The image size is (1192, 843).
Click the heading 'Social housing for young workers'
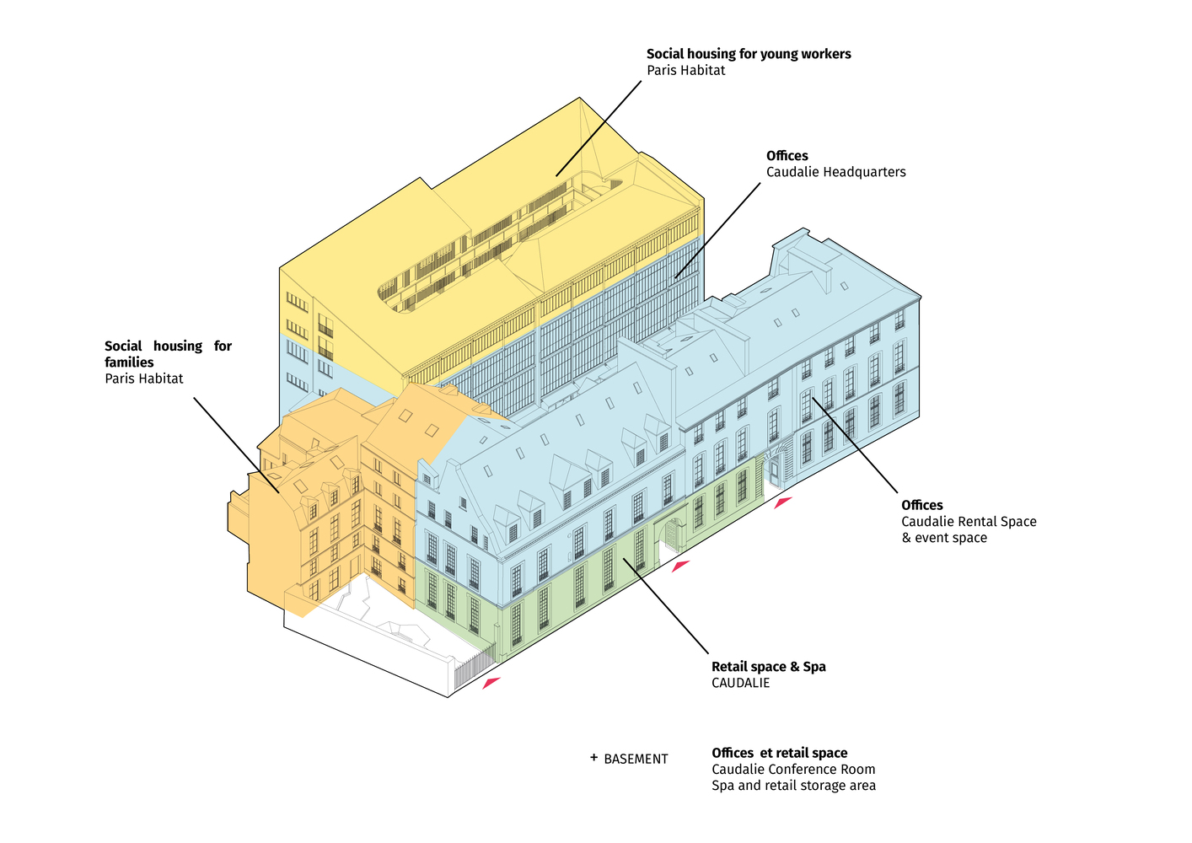click(x=749, y=54)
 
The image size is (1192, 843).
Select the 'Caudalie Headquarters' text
click(x=835, y=172)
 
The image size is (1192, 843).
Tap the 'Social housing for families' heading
click(x=168, y=354)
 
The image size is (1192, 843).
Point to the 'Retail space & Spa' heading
click(x=769, y=666)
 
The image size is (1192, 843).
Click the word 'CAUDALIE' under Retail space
click(x=741, y=683)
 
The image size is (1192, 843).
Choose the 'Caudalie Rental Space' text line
click(x=969, y=522)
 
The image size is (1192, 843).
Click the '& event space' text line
click(x=944, y=538)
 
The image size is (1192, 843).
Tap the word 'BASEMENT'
click(x=636, y=760)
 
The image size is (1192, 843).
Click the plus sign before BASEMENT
click(x=593, y=757)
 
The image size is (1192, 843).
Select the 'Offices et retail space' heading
click(x=780, y=753)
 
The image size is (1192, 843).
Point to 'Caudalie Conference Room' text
click(x=793, y=770)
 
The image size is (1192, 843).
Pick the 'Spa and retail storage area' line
click(x=793, y=786)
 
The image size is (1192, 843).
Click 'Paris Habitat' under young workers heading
click(x=686, y=70)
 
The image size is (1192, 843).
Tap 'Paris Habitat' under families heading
click(x=143, y=379)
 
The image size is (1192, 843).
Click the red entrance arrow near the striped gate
click(x=491, y=683)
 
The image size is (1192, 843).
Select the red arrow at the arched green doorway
click(x=680, y=566)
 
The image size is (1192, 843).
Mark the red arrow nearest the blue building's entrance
click(x=783, y=502)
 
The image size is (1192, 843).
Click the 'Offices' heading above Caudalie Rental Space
click(x=922, y=505)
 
